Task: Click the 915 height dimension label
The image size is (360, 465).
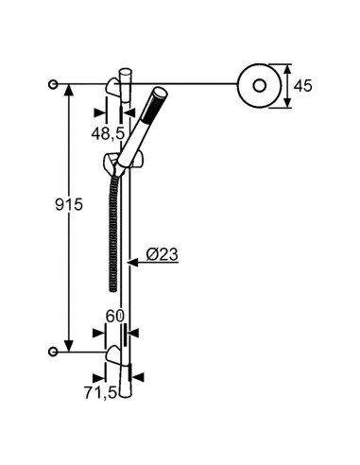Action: pos(43,205)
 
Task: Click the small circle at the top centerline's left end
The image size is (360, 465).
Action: pos(55,84)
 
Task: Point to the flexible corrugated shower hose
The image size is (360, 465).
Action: pos(111,227)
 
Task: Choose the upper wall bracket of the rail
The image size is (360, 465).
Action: pos(115,88)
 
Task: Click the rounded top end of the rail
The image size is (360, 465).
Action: pos(127,71)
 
